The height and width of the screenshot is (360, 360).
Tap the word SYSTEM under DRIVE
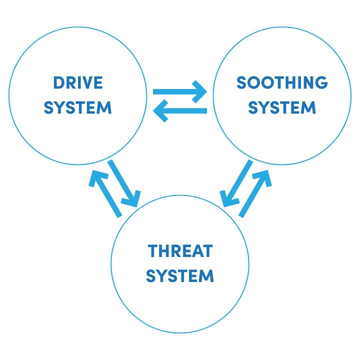(78, 107)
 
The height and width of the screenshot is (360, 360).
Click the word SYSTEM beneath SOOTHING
(282, 107)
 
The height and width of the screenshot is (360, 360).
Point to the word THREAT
(180, 251)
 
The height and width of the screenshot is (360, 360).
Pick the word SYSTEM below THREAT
(180, 275)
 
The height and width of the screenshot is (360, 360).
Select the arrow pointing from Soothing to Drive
(180, 111)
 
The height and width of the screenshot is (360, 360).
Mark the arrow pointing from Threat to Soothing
(255, 193)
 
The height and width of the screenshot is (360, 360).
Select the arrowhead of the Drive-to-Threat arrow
(133, 199)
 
